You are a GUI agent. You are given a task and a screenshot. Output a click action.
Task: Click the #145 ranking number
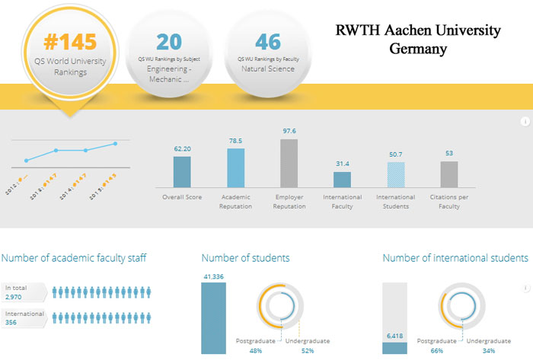(65, 40)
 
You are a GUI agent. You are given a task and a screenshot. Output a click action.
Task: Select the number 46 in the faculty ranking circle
(268, 40)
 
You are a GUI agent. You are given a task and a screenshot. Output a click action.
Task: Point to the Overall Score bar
(182, 171)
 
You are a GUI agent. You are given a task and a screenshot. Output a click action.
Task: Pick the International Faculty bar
(342, 179)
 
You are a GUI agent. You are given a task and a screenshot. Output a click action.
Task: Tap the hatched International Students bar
(395, 174)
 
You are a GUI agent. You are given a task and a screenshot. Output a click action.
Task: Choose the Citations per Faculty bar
(448, 174)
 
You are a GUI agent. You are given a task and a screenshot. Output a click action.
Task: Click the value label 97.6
(289, 131)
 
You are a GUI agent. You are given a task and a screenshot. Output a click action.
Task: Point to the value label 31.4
(342, 164)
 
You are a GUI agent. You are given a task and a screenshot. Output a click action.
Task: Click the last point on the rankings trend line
(116, 143)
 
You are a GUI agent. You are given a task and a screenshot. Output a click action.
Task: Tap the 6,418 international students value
(394, 336)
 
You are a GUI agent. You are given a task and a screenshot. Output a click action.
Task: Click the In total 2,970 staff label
(24, 292)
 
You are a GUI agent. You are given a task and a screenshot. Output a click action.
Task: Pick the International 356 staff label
(24, 318)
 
